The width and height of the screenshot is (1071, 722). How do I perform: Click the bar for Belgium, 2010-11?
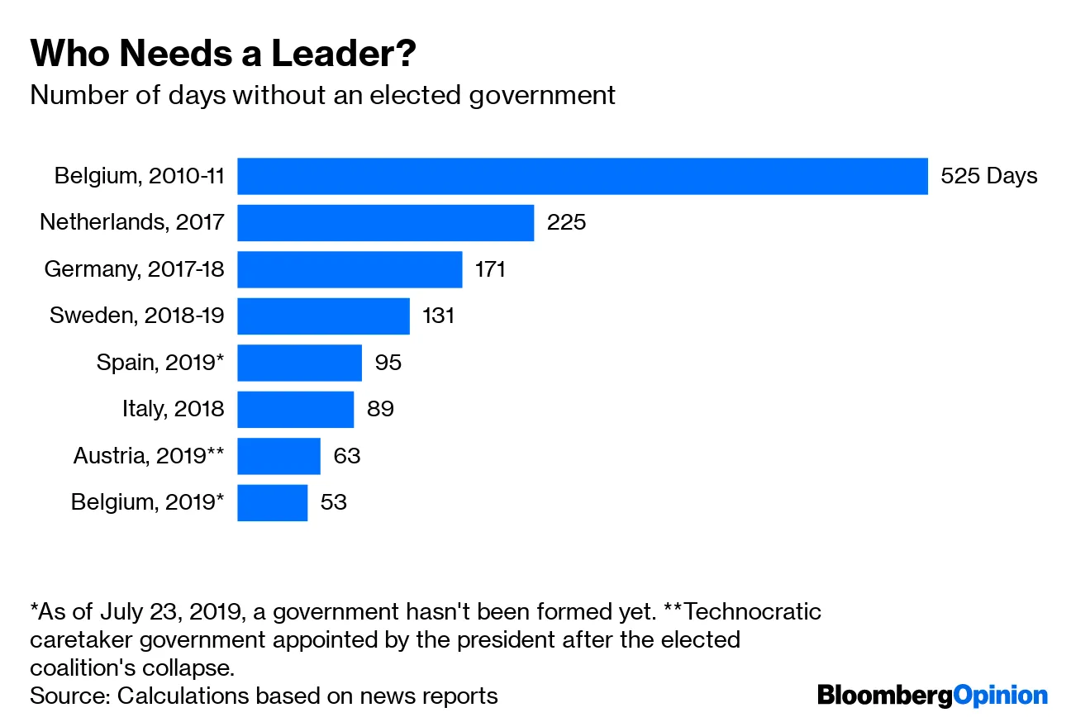coord(582,176)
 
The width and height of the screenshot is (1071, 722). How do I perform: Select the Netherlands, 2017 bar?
coord(385,222)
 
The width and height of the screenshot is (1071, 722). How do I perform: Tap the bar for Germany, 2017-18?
coord(350,269)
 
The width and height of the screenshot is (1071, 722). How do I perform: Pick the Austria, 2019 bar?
coord(278,456)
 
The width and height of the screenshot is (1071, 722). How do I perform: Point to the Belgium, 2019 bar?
coord(272,502)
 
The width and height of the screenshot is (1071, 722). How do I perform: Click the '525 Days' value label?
coord(988,176)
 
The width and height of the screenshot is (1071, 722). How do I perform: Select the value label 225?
coord(566,222)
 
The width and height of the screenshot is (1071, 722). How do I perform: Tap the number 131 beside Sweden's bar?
coord(438,316)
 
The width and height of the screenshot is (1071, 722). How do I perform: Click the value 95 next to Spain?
coord(388,363)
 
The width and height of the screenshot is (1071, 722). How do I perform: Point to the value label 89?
coord(380,409)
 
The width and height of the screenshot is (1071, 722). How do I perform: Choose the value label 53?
coord(333,502)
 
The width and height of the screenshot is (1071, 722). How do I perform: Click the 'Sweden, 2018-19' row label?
coord(136,316)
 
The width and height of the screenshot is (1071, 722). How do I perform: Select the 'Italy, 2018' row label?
coord(172,409)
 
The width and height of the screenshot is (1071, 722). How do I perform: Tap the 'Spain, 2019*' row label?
coord(159,363)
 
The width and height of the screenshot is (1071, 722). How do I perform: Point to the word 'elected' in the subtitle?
coord(415,95)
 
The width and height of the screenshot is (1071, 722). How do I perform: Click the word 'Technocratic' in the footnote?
coord(753,612)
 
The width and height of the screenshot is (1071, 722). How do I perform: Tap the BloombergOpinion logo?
coord(932,696)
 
